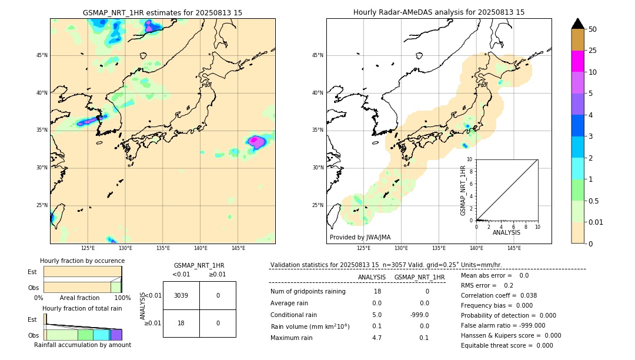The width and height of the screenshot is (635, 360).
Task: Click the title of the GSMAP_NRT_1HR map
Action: [x=162, y=12]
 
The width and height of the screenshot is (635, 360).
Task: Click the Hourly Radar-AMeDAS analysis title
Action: [x=439, y=12]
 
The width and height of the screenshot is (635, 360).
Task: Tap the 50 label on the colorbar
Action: [x=593, y=29]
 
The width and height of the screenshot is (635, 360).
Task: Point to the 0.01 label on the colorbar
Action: [x=596, y=222]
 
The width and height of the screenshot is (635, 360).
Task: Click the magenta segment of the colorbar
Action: [x=577, y=61]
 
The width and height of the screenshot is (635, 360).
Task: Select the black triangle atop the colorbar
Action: [x=577, y=24]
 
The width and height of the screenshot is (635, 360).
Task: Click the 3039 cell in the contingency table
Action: [x=181, y=295]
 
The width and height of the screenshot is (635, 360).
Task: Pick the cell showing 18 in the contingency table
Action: [x=181, y=323]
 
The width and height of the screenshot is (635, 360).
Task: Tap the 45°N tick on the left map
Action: [x=42, y=55]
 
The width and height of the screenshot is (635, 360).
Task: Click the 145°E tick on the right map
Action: [x=514, y=248]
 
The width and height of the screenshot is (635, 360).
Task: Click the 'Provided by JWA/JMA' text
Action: [x=360, y=237]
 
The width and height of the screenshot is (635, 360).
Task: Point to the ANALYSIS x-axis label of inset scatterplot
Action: [x=506, y=232]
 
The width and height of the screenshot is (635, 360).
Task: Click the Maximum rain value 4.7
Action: [x=377, y=338]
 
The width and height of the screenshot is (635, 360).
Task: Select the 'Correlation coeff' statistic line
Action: [x=499, y=295]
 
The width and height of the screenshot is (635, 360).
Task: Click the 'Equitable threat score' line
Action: [x=507, y=345]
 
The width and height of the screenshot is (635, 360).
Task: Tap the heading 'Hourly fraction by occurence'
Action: [x=82, y=261]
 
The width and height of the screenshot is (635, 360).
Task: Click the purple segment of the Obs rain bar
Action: [x=116, y=335]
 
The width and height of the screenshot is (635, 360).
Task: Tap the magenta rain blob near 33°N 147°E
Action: [x=256, y=141]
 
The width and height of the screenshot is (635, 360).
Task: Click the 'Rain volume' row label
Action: [x=310, y=326]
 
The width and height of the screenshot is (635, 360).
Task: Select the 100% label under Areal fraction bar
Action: [x=122, y=298]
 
